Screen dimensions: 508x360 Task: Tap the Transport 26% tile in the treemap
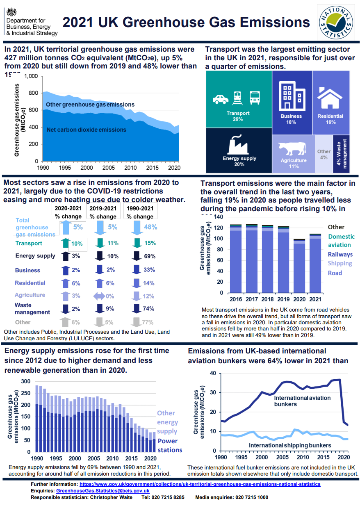[x=238, y=98]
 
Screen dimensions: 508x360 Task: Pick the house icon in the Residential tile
[x=330, y=98]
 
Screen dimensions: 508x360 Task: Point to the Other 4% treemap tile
[x=324, y=154]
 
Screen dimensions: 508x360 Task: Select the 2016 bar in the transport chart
[x=235, y=258]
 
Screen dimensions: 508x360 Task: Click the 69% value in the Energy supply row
[x=150, y=256]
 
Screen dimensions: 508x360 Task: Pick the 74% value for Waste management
[x=149, y=308]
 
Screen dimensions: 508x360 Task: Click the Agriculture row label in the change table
[x=30, y=295]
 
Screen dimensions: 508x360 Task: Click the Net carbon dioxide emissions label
[x=87, y=130]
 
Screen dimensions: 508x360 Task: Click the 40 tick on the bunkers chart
[x=213, y=373]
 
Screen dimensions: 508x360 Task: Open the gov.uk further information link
[x=200, y=484]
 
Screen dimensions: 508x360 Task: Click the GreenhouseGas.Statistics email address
[x=103, y=491]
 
